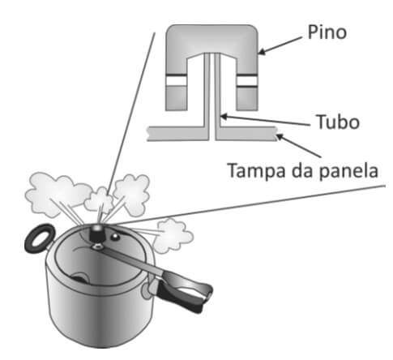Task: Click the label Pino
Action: (x=327, y=32)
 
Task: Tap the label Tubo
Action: (x=338, y=122)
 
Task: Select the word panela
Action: (x=348, y=171)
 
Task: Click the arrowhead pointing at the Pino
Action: (x=262, y=51)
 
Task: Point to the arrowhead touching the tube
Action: (x=224, y=117)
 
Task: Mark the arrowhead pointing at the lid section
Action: (x=280, y=137)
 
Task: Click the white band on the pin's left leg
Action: (x=176, y=80)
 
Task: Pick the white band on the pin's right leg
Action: (x=247, y=81)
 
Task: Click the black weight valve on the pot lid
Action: (x=96, y=234)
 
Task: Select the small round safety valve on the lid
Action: (x=116, y=237)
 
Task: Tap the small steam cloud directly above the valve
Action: (x=99, y=200)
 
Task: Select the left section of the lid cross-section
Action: (x=178, y=134)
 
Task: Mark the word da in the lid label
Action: (x=302, y=170)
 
